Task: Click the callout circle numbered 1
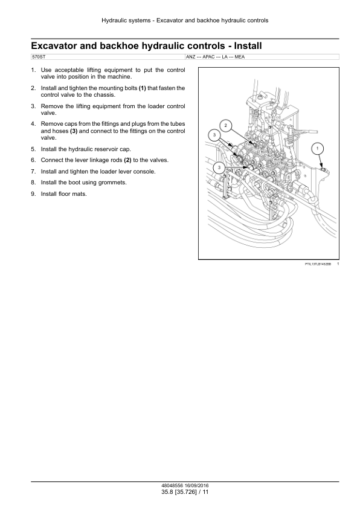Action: pyautogui.click(x=318, y=149)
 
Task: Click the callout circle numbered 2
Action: pyautogui.click(x=226, y=126)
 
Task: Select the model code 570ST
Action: pyautogui.click(x=39, y=57)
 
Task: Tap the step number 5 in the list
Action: pyautogui.click(x=33, y=149)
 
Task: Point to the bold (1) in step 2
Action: pyautogui.click(x=143, y=88)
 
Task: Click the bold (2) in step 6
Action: pyautogui.click(x=128, y=160)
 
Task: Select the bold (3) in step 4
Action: pyautogui.click(x=74, y=131)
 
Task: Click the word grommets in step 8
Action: pyautogui.click(x=113, y=183)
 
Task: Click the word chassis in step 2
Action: pyautogui.click(x=104, y=95)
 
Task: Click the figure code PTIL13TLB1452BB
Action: pyautogui.click(x=318, y=264)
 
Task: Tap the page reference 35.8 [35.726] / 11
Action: pyautogui.click(x=185, y=492)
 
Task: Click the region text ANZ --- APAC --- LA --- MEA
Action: pyautogui.click(x=216, y=57)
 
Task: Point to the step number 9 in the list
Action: pyautogui.click(x=33, y=194)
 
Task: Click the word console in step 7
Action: pyautogui.click(x=145, y=172)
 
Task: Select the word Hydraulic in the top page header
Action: pyautogui.click(x=113, y=21)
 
